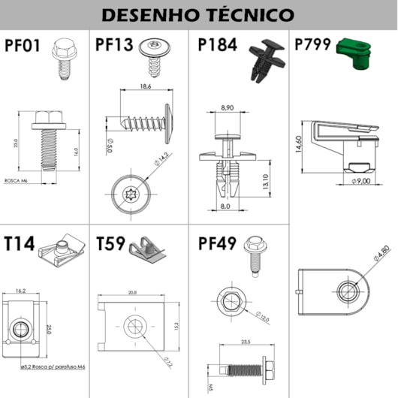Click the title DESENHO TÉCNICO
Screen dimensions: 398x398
pyautogui.click(x=197, y=14)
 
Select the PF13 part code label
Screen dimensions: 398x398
pyautogui.click(x=114, y=45)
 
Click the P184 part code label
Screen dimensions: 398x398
pyautogui.click(x=217, y=45)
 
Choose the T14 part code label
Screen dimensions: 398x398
pyautogui.click(x=20, y=245)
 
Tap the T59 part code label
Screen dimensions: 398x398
pyautogui.click(x=113, y=245)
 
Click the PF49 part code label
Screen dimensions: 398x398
pyautogui.click(x=218, y=245)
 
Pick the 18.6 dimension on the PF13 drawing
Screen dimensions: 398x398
pyautogui.click(x=146, y=88)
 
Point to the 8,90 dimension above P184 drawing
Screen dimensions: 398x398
pyautogui.click(x=228, y=109)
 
